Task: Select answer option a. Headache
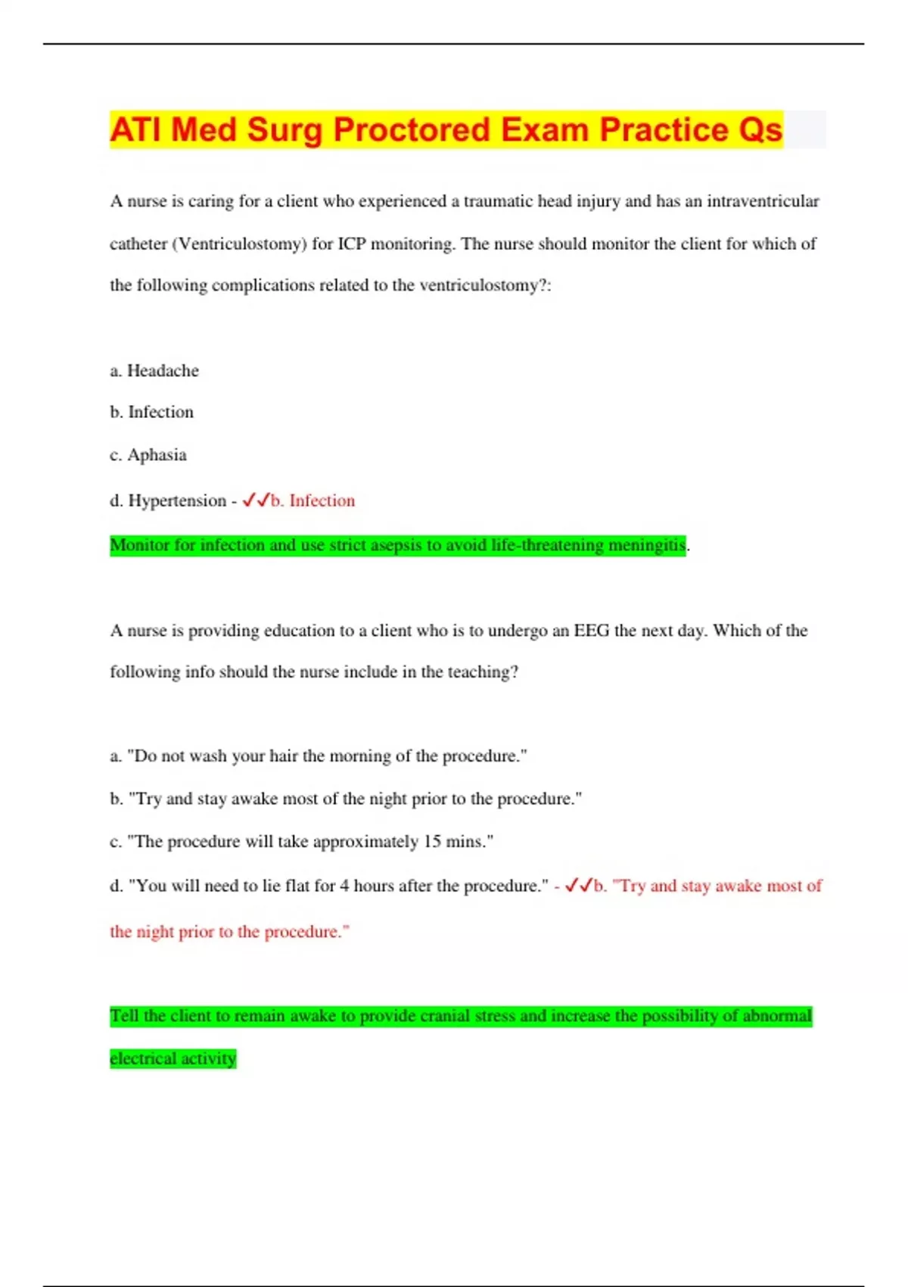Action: pos(154,370)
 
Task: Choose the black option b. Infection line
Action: pos(151,412)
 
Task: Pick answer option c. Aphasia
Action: pos(148,455)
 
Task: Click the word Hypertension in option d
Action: pos(177,500)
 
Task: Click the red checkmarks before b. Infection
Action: pos(256,500)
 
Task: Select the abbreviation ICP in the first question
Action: pos(352,244)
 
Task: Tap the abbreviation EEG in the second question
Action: pos(591,631)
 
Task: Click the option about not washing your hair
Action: pos(318,756)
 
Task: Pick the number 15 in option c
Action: pos(432,842)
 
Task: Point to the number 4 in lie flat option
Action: pos(344,886)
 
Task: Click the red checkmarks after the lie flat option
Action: pos(579,886)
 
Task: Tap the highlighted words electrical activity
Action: pos(173,1058)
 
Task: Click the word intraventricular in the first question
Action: pos(763,201)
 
